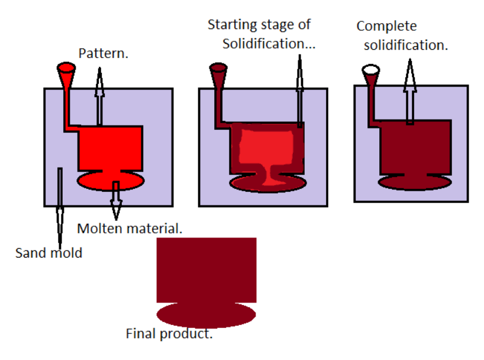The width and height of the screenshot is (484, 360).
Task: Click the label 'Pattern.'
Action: [x=104, y=54]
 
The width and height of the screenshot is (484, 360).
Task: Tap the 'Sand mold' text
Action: [x=49, y=253]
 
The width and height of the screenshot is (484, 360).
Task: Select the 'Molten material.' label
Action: [x=130, y=228]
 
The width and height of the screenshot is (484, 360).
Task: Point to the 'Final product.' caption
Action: [x=169, y=334]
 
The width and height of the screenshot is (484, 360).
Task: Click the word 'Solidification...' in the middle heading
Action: [x=269, y=43]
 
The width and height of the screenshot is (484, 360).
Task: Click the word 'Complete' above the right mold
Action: [x=386, y=26]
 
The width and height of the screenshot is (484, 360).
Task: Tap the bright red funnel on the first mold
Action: [x=66, y=73]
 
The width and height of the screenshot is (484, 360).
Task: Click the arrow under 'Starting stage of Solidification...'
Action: [x=300, y=89]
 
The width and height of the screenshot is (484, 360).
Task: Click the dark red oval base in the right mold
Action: [x=414, y=182]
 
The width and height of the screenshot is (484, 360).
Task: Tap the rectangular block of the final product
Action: [x=206, y=269]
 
